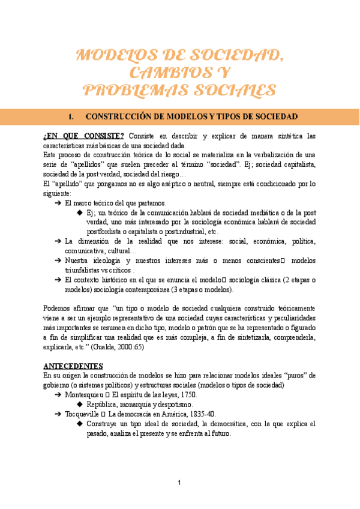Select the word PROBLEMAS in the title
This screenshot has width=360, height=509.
pyautogui.click(x=135, y=91)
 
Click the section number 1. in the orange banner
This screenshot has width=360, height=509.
pyautogui.click(x=73, y=115)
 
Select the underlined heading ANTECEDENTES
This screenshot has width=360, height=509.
pyautogui.click(x=73, y=365)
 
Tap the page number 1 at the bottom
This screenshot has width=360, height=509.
pyautogui.click(x=179, y=483)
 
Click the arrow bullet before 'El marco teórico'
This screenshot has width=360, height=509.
pyautogui.click(x=57, y=203)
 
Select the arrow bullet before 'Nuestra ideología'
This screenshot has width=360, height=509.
pyautogui.click(x=57, y=261)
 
